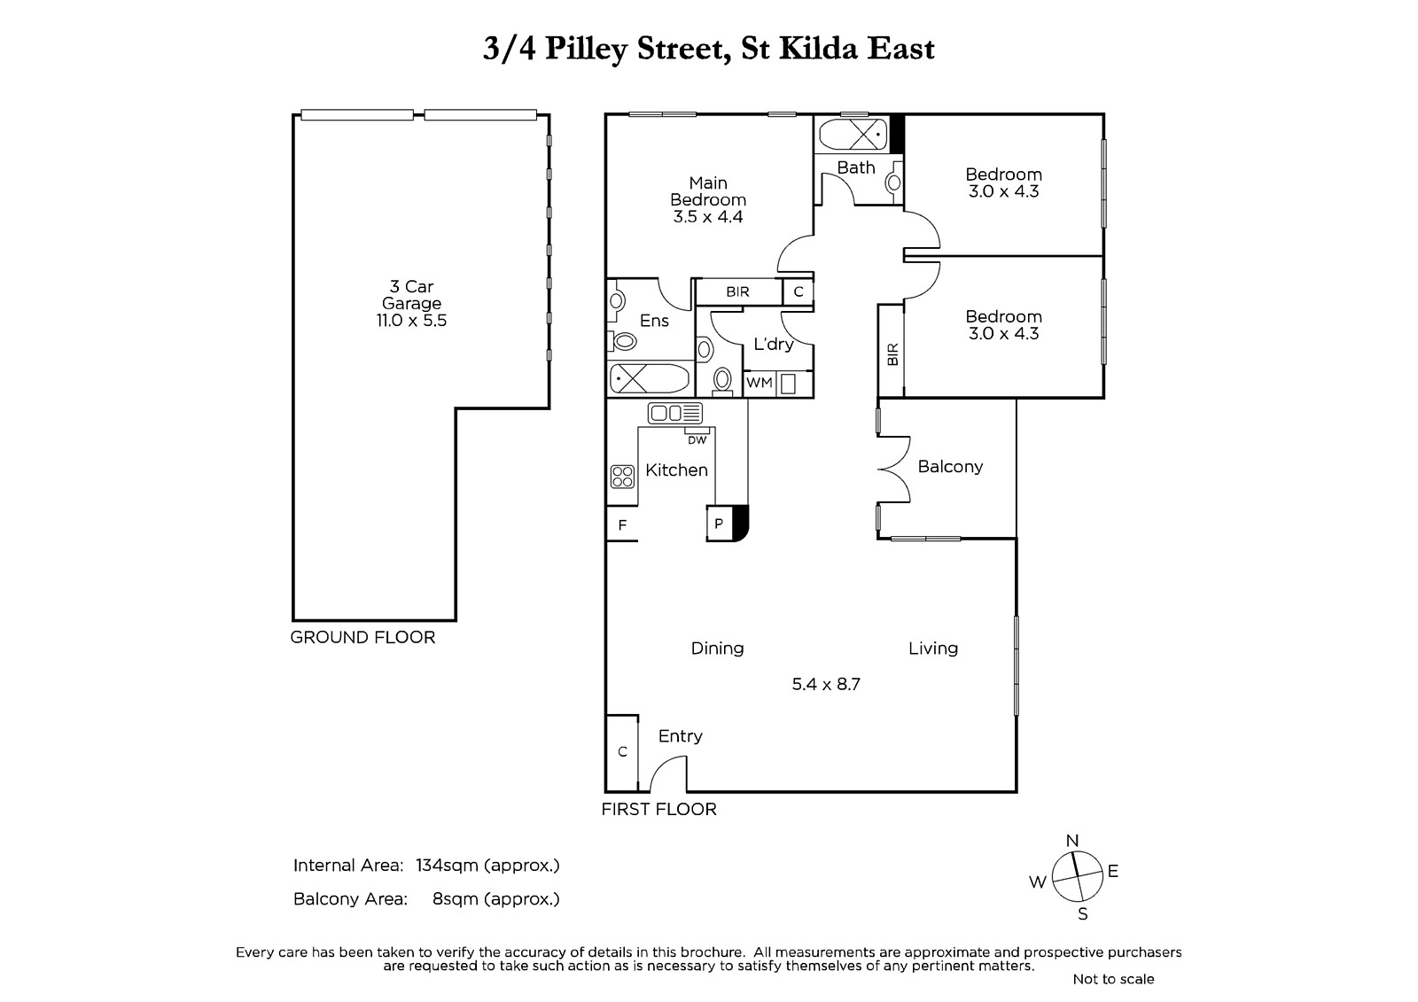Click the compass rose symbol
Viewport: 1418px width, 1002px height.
[1077, 877]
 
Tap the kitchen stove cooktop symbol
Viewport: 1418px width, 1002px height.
[623, 477]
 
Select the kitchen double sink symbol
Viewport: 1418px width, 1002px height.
[674, 414]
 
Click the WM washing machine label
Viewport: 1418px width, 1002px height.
[759, 383]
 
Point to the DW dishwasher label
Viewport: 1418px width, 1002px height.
[697, 440]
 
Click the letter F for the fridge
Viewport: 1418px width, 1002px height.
[622, 524]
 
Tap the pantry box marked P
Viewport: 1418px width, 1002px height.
[719, 524]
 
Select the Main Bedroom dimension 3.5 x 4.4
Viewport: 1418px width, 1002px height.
[708, 217]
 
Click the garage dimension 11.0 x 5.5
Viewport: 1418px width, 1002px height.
[411, 321]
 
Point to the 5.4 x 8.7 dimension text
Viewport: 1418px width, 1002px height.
[826, 684]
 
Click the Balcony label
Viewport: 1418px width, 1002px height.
[950, 467]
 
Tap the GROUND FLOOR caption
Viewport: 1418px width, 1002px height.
[362, 637]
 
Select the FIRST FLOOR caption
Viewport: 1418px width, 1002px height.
[659, 809]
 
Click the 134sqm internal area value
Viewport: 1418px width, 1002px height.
[447, 866]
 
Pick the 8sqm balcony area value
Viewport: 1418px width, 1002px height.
[456, 899]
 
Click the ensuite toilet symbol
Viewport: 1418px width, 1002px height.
[623, 342]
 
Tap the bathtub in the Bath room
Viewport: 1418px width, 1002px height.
[853, 135]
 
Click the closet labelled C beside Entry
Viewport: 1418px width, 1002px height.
[622, 753]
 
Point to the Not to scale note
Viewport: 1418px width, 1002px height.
[1113, 979]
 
